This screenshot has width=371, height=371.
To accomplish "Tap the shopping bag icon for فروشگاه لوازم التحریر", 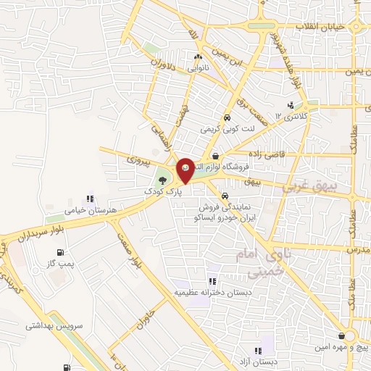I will tap(215, 156).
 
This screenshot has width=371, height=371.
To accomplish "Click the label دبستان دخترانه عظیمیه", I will tap(205, 292).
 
